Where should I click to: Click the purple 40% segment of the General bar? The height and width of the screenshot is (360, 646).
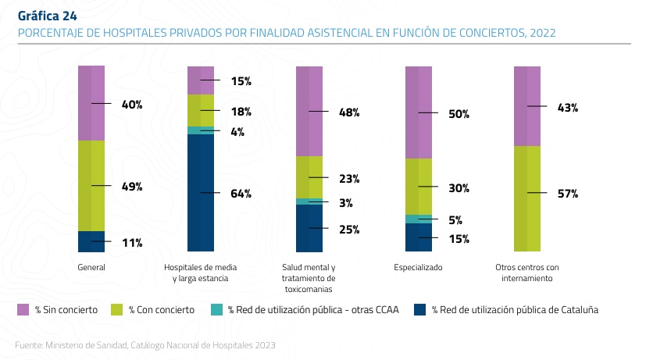pyautogui.click(x=91, y=103)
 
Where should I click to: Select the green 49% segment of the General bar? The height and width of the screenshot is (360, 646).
pyautogui.click(x=91, y=186)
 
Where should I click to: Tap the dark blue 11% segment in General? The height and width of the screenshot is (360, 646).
pyautogui.click(x=91, y=242)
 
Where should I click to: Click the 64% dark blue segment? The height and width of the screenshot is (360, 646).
pyautogui.click(x=200, y=193)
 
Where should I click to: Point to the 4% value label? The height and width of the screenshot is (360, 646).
pyautogui.click(x=237, y=132)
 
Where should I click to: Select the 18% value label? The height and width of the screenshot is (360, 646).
pyautogui.click(x=240, y=112)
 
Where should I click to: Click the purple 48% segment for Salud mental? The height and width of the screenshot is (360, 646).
pyautogui.click(x=309, y=112)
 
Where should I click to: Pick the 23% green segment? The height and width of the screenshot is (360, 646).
pyautogui.click(x=309, y=177)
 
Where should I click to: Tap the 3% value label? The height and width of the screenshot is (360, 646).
pyautogui.click(x=346, y=203)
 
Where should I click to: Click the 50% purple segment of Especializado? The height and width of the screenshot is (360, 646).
pyautogui.click(x=419, y=113)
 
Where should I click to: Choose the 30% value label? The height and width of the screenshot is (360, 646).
pyautogui.click(x=459, y=188)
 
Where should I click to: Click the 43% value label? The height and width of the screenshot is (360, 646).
pyautogui.click(x=567, y=108)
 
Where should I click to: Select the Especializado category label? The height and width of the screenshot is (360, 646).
pyautogui.click(x=419, y=267)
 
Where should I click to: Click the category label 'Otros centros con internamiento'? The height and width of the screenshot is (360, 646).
pyautogui.click(x=527, y=273)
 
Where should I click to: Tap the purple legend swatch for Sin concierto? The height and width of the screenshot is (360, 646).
pyautogui.click(x=23, y=310)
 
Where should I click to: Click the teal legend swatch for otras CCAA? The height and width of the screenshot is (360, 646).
pyautogui.click(x=217, y=310)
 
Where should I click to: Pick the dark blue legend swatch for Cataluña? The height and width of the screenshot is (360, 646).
pyautogui.click(x=421, y=310)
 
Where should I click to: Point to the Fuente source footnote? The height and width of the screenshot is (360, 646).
pyautogui.click(x=145, y=344)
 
